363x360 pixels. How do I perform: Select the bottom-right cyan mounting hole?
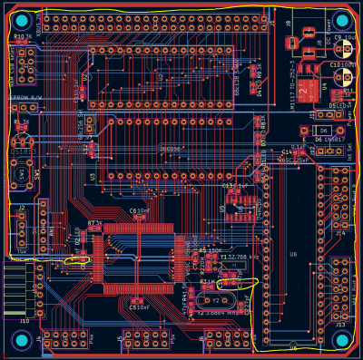pos(342,340)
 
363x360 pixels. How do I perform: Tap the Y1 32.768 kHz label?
pos(239,257)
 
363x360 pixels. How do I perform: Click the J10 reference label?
pos(24,319)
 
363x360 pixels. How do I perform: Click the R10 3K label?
pos(23,37)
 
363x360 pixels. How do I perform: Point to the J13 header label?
pos(339,323)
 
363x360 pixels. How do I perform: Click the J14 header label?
pos(339,233)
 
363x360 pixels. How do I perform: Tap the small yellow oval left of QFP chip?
pos(77,260)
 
